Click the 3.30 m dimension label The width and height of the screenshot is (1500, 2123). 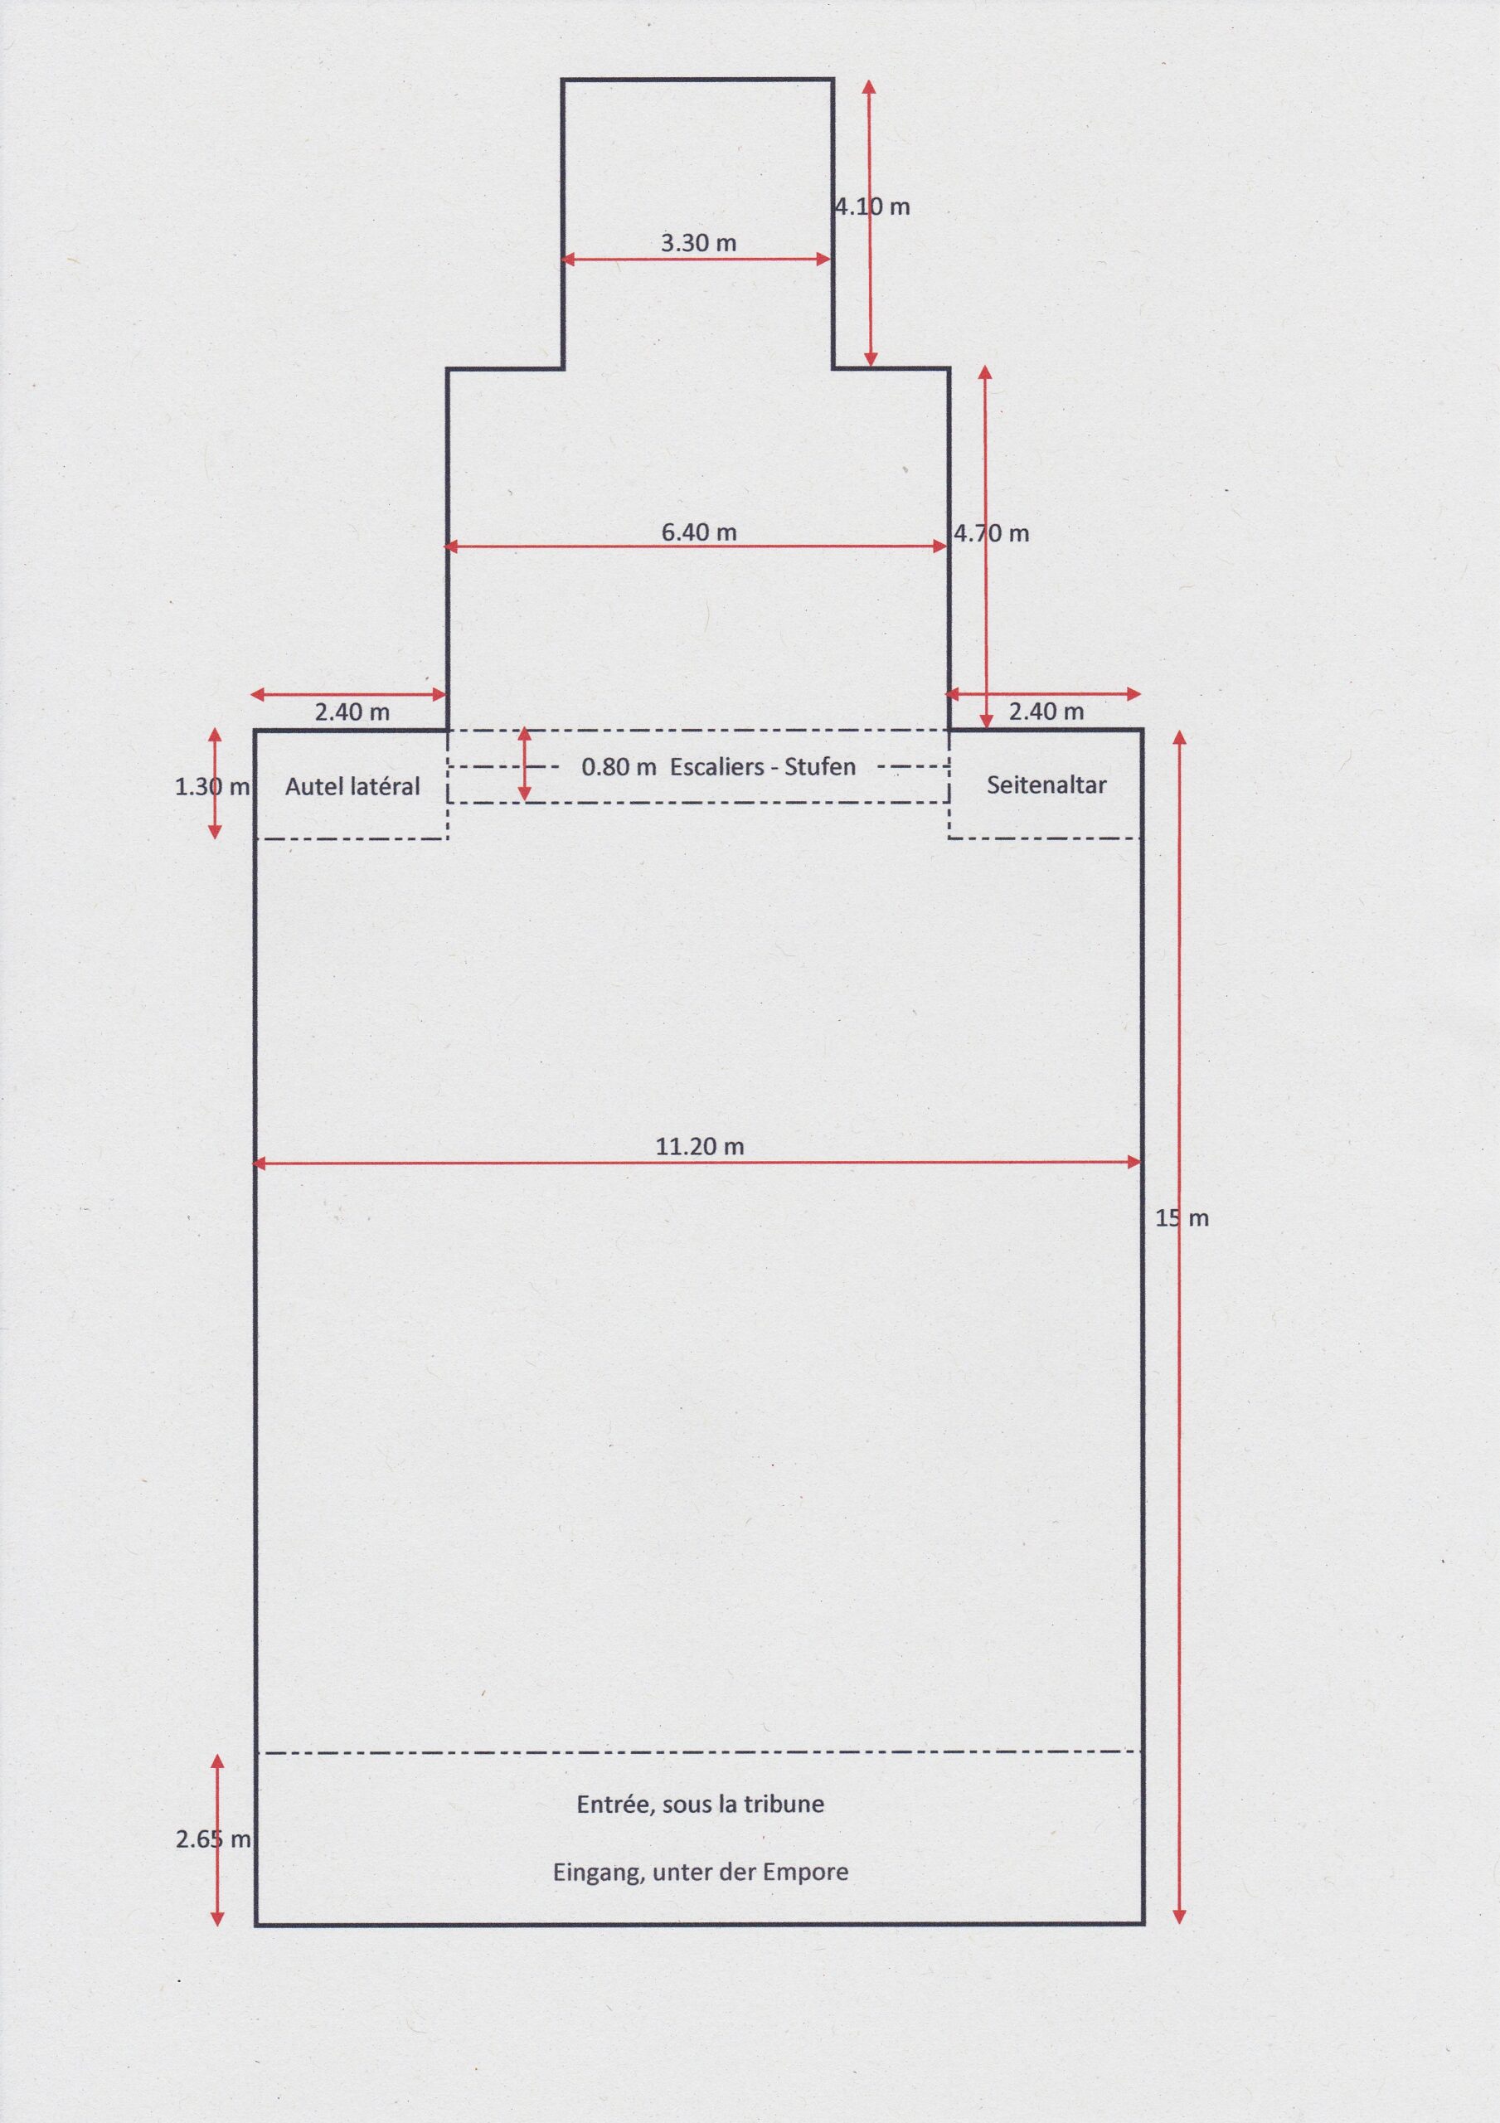[x=698, y=243]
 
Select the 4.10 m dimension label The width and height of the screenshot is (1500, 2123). [x=872, y=207]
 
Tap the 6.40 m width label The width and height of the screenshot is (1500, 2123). [x=699, y=532]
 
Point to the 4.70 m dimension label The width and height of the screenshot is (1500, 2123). [x=992, y=533]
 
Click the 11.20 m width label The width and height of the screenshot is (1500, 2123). [x=700, y=1147]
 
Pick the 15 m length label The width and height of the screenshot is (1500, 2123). [x=1182, y=1219]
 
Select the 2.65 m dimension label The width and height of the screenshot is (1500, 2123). [x=213, y=1840]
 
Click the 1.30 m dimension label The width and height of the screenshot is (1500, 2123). [x=213, y=787]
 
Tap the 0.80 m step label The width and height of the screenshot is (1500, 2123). [x=619, y=766]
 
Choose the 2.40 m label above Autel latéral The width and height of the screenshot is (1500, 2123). [x=352, y=712]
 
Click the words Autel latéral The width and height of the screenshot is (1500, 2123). [x=352, y=786]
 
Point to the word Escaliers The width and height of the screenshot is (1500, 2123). [x=716, y=766]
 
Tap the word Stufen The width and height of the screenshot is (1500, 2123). [x=820, y=766]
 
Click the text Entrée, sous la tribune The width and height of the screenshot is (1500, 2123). [x=700, y=1804]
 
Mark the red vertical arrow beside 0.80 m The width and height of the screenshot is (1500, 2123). [x=524, y=764]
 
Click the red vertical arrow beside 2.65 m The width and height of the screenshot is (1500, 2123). [x=217, y=1840]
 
